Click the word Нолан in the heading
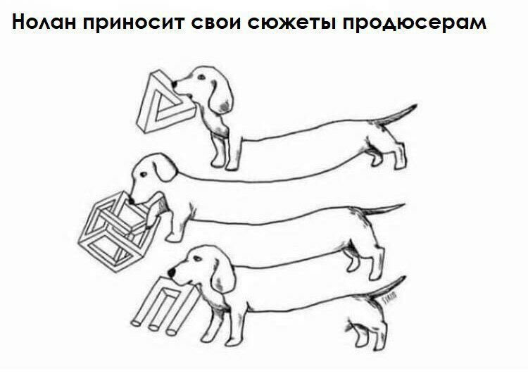(44, 23)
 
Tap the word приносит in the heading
(132, 23)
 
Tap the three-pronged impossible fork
(165, 304)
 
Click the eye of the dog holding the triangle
(201, 77)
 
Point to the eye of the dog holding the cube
(144, 175)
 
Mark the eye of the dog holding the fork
(197, 258)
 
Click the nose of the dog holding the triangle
(174, 83)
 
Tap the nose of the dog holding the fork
(172, 272)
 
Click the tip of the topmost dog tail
(416, 106)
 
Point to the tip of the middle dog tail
(403, 204)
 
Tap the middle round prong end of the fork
(153, 327)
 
